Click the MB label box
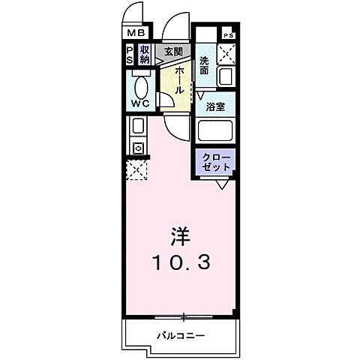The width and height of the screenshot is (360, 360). coord(135,34)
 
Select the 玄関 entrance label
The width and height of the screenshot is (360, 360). coord(173,51)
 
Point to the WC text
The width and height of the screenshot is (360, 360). coord(142,103)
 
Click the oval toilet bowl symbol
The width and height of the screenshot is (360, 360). coord(142,84)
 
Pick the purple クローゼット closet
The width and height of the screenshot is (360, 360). coord(216,161)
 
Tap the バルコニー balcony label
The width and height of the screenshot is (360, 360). coord(181,335)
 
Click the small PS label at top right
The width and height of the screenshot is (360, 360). coord(227,34)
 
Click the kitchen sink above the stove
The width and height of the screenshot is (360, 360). coord(138,126)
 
